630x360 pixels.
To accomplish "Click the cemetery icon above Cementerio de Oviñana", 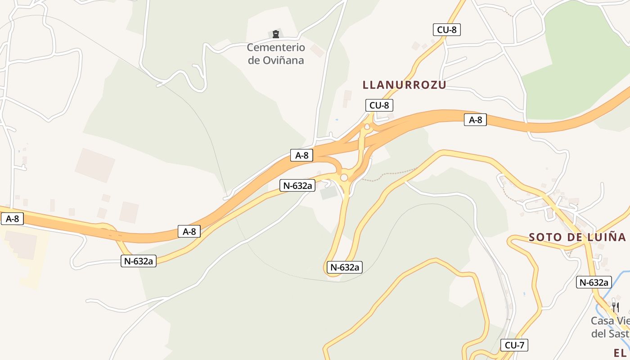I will pyautogui.click(x=276, y=34).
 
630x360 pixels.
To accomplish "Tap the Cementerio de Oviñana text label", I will pyautogui.click(x=276, y=54).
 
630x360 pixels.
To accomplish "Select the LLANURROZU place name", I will pyautogui.click(x=404, y=85).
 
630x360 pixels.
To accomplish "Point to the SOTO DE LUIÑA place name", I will pyautogui.click(x=577, y=237).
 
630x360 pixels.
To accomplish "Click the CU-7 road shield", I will pyautogui.click(x=514, y=345).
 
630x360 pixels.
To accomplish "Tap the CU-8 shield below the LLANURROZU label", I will pyautogui.click(x=379, y=105).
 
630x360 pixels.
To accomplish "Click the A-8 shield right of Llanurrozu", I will pyautogui.click(x=475, y=120).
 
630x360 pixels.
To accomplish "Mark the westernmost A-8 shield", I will pyautogui.click(x=12, y=219).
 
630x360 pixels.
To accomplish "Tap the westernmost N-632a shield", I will pyautogui.click(x=139, y=261).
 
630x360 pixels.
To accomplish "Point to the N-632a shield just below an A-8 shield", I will pyautogui.click(x=297, y=185).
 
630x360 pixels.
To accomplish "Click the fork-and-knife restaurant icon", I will pyautogui.click(x=615, y=307).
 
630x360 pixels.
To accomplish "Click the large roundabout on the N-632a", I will pyautogui.click(x=344, y=178).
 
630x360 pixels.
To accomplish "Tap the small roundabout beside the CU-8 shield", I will pyautogui.click(x=367, y=127).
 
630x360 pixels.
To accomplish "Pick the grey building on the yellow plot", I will pyautogui.click(x=21, y=245).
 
